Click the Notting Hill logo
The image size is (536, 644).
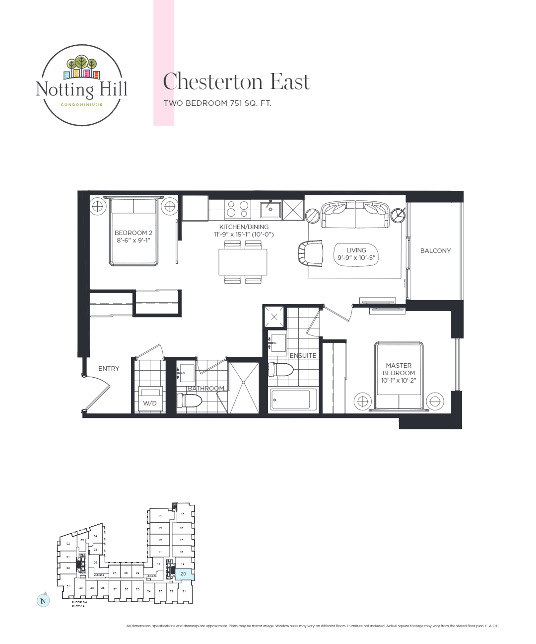tap(81, 85)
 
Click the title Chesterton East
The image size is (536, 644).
tap(237, 82)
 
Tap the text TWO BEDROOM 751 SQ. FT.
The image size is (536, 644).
tap(217, 103)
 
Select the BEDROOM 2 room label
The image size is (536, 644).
tap(133, 236)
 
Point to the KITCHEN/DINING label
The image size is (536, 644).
tap(244, 230)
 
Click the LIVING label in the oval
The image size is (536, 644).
tap(356, 254)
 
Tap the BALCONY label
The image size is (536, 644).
tap(435, 251)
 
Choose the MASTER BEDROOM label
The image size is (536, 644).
tap(399, 373)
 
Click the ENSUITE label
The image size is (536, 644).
tap(303, 355)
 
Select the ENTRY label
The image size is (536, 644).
tap(109, 368)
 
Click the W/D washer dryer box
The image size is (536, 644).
tap(150, 400)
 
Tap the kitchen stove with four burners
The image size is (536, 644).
tap(237, 209)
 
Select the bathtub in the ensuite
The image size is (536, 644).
tap(293, 399)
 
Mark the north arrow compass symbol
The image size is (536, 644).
tap(43, 600)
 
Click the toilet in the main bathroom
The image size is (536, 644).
tap(189, 400)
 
